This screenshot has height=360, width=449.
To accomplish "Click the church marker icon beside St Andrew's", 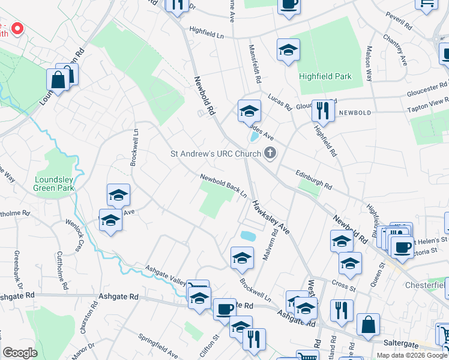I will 270,154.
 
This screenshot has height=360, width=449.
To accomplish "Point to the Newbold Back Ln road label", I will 224,187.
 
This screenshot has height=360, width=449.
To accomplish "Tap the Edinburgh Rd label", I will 313,180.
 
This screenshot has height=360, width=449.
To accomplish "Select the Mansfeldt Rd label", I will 255,63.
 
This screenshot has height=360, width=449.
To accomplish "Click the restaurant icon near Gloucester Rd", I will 324,110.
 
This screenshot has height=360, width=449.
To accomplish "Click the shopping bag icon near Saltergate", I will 368,325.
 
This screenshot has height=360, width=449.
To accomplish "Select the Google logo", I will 20,352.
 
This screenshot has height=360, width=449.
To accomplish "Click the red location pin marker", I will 17,28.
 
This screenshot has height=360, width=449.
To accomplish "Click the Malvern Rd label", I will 267,247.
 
